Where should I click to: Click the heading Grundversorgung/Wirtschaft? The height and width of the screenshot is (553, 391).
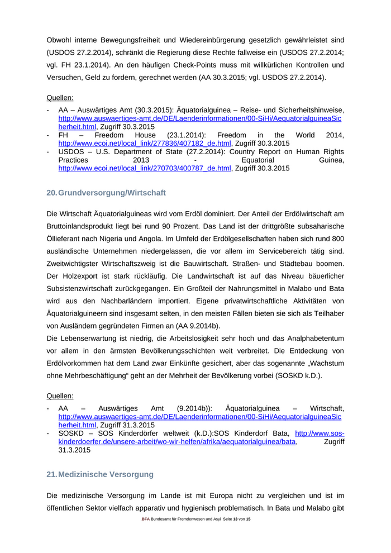pyautogui.click(x=112, y=193)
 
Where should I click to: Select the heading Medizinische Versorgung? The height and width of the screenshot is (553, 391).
pyautogui.click(x=106, y=474)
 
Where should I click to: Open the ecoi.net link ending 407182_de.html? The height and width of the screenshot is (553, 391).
pyautogui.click(x=145, y=143)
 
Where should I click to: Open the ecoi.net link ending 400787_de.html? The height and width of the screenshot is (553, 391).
pyautogui.click(x=145, y=168)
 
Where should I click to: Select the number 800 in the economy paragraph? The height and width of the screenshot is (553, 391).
pyautogui.click(x=337, y=238)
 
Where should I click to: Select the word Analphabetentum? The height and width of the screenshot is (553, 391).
pyautogui.click(x=313, y=339)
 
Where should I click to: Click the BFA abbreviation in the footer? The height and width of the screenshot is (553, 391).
pyautogui.click(x=145, y=519)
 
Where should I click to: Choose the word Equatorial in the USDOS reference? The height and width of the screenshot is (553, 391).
pyautogui.click(x=252, y=160)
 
